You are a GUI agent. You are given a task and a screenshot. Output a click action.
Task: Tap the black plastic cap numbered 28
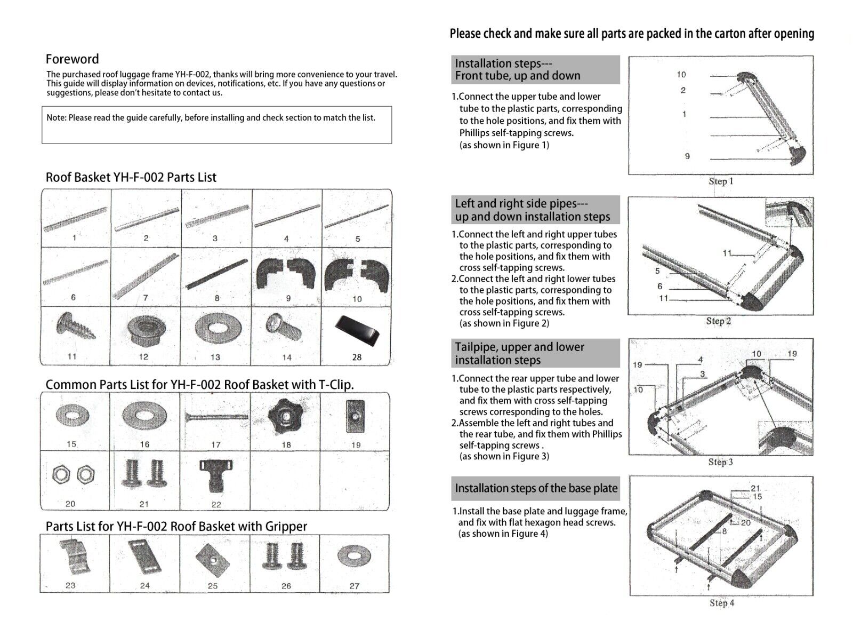point(356,330)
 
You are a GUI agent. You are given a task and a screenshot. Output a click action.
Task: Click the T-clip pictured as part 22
point(216,476)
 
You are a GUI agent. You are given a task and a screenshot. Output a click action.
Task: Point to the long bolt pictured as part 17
point(216,416)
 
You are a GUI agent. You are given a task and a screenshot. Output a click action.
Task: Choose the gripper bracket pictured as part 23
point(74,558)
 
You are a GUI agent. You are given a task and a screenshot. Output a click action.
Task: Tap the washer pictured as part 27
point(355,557)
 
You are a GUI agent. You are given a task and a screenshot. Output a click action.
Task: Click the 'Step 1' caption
point(721,181)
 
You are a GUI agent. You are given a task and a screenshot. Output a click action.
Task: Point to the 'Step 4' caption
point(721,603)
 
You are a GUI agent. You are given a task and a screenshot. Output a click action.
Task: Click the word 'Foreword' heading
point(72,59)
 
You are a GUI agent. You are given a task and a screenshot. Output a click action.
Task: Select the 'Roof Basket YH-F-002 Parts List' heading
point(131,178)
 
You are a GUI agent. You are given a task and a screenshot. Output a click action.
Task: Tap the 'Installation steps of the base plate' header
point(536,488)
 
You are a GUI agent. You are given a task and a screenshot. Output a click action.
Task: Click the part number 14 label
point(287,357)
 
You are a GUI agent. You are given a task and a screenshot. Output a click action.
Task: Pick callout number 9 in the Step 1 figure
point(687,156)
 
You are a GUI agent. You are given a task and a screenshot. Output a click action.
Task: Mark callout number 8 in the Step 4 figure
point(725,531)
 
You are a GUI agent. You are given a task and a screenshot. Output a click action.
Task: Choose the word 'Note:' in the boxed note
point(56,118)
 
